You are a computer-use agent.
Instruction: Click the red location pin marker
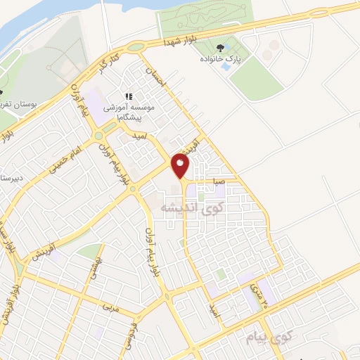[x=181, y=166]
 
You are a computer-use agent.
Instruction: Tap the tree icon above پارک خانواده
[x=221, y=48]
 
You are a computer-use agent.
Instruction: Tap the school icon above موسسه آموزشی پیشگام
[x=129, y=96]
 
